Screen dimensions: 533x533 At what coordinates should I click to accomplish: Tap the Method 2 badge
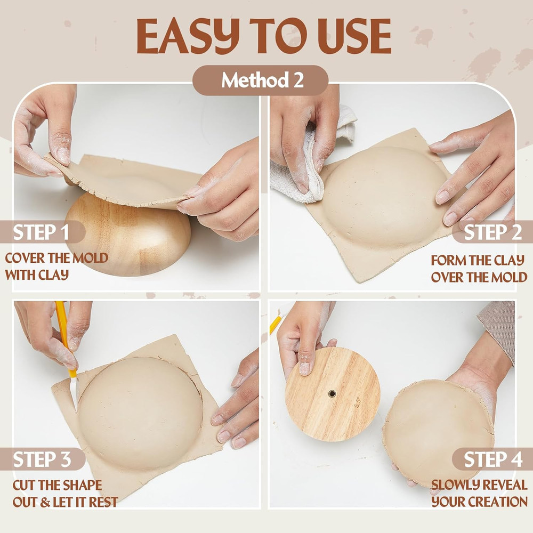[261, 80]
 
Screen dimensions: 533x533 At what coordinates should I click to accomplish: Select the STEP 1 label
[42, 232]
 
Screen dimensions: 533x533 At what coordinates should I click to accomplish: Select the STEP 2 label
[491, 232]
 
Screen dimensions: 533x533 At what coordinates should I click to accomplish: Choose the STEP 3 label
[42, 459]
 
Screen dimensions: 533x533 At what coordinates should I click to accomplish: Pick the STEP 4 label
[491, 459]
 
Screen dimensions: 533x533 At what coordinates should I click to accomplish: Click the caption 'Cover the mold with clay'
[56, 266]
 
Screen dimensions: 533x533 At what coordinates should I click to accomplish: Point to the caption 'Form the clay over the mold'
[478, 269]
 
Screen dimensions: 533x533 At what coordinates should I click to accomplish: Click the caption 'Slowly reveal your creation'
[479, 494]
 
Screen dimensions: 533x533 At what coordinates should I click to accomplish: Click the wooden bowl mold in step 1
[128, 240]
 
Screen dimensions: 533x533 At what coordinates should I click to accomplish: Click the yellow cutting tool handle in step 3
[62, 325]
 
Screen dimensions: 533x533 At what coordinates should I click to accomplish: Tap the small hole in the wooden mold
[332, 393]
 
